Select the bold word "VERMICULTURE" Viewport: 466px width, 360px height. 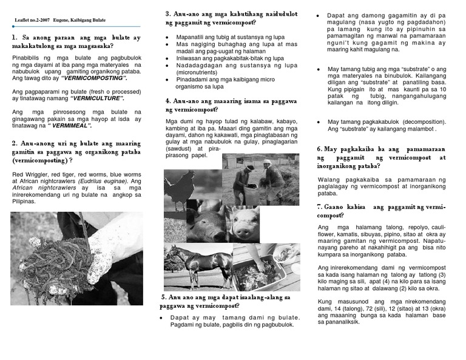(97, 98)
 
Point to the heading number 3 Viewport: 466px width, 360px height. (167, 14)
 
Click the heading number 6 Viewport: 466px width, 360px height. (319, 149)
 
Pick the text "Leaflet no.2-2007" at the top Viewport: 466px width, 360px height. (32, 21)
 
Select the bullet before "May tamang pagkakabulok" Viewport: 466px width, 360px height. (320, 122)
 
